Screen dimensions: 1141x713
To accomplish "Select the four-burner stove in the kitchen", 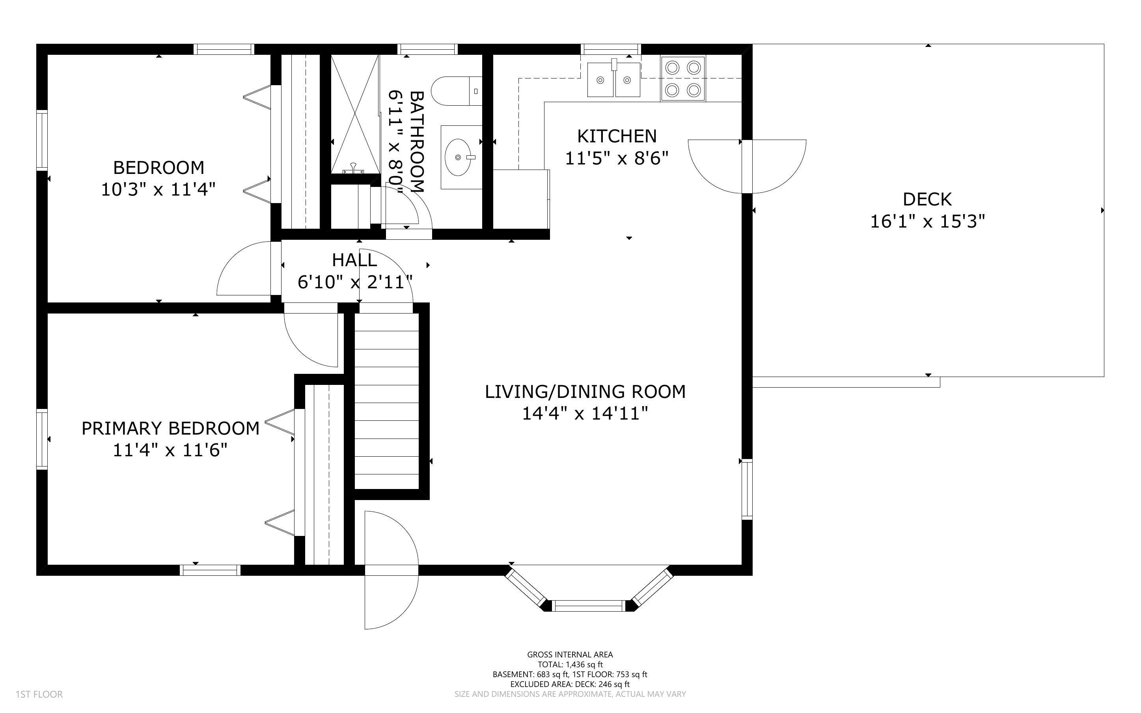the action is [x=682, y=79].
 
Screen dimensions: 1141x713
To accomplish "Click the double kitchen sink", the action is [x=613, y=79].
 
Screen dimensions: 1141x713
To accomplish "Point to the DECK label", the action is [x=927, y=200].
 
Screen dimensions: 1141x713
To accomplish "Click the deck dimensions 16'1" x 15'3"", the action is [x=927, y=221].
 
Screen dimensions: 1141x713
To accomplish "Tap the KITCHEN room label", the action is [x=617, y=136].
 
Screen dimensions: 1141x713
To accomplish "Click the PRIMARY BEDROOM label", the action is [x=171, y=428].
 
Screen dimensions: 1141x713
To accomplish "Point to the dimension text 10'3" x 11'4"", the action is [x=158, y=190].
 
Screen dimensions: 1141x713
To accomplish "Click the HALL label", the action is [x=354, y=260].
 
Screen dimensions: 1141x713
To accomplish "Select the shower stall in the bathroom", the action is [x=354, y=114].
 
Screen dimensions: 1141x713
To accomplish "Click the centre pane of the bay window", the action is [x=589, y=605].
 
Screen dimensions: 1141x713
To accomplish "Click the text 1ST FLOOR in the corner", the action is [x=39, y=694].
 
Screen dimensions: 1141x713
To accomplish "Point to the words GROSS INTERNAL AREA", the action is [x=570, y=655].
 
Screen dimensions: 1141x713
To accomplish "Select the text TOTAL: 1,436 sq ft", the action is [x=570, y=664].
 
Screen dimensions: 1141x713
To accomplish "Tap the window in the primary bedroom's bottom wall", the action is [x=210, y=570].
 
